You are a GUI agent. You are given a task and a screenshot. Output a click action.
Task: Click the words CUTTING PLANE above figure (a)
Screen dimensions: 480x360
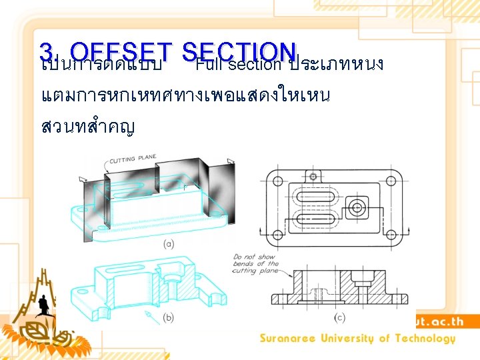pyautogui.click(x=133, y=159)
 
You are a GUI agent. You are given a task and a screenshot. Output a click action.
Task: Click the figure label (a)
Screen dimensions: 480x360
pyautogui.click(x=169, y=244)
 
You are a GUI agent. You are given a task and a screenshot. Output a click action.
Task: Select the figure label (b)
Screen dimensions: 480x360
pyautogui.click(x=169, y=318)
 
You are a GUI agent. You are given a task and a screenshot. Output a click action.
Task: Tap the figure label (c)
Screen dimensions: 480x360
pyautogui.click(x=341, y=318)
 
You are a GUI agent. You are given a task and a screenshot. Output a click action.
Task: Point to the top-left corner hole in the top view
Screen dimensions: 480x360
pyautogui.click(x=277, y=180)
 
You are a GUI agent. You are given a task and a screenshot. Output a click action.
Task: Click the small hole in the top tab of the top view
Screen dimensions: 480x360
pyautogui.click(x=313, y=177)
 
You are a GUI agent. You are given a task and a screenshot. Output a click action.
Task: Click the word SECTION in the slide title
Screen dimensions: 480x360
pyautogui.click(x=238, y=51)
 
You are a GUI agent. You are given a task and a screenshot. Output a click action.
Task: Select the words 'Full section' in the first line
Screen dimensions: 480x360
pyautogui.click(x=239, y=65)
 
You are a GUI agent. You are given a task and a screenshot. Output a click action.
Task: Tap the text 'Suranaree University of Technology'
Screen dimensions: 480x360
pyautogui.click(x=357, y=339)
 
